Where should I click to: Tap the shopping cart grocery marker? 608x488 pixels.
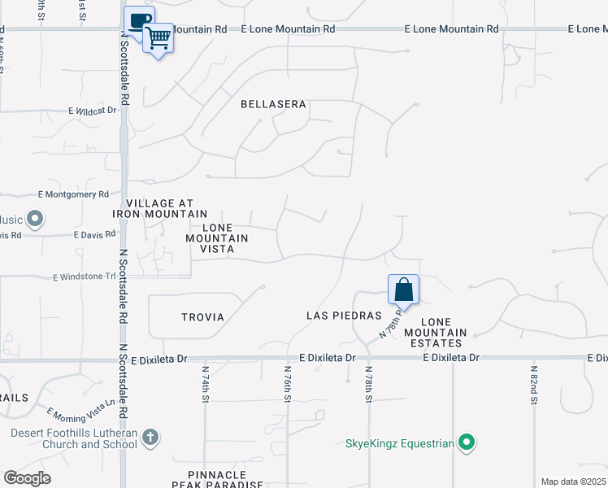(158, 37)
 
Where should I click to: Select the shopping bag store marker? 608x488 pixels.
(403, 289)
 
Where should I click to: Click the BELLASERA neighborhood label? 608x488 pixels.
(273, 104)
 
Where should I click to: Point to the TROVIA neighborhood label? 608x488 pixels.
(202, 317)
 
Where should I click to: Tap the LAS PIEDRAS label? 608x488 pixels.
(344, 316)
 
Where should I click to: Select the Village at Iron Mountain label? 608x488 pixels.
(160, 208)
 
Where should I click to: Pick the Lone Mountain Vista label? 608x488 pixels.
(217, 238)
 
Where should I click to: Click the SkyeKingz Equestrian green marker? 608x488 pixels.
(466, 442)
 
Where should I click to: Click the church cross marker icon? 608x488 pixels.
(150, 438)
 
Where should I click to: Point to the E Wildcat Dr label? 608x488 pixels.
(93, 110)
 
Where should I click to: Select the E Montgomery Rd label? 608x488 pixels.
(73, 194)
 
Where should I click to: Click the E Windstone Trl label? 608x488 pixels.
(85, 277)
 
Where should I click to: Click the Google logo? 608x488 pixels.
(27, 478)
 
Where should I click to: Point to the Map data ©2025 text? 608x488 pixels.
(573, 481)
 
